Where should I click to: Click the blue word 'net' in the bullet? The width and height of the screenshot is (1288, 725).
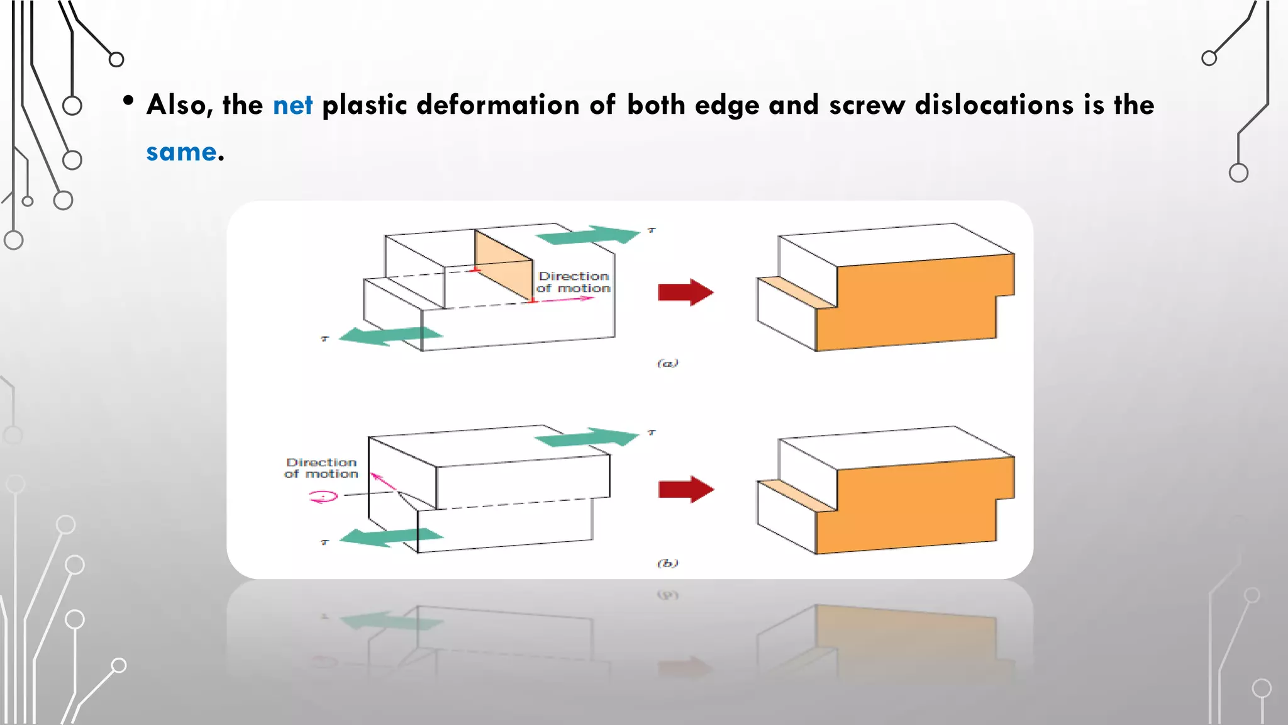tap(292, 105)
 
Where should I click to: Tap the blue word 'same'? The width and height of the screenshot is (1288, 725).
tap(181, 152)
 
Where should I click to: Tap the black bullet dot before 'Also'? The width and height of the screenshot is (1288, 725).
tap(128, 101)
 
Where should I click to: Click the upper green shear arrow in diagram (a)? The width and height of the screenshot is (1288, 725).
tap(587, 235)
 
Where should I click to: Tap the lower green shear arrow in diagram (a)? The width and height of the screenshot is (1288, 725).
tap(390, 336)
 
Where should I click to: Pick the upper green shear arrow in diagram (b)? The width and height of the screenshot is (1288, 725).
tap(587, 437)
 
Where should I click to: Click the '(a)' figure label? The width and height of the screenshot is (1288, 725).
tap(667, 363)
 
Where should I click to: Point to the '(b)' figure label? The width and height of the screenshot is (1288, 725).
tap(667, 563)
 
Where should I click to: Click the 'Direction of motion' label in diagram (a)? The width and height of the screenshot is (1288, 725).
tap(574, 282)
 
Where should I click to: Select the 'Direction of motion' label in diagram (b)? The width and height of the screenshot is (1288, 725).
tap(321, 468)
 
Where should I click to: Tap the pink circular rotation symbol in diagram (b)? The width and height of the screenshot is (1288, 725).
tap(323, 497)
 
